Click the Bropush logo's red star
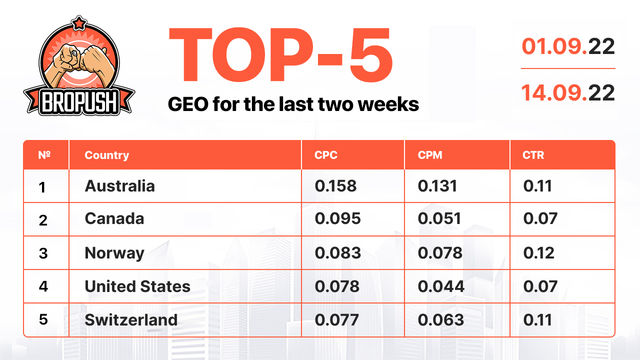pyautogui.click(x=78, y=23)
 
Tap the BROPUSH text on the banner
pyautogui.click(x=79, y=102)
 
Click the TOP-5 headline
pyautogui.click(x=281, y=55)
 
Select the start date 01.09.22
pyautogui.click(x=568, y=47)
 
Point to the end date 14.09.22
pyautogui.click(x=568, y=93)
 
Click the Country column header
pyautogui.click(x=107, y=155)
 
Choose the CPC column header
pyautogui.click(x=326, y=155)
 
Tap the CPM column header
pyautogui.click(x=430, y=155)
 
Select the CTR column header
pyautogui.click(x=533, y=155)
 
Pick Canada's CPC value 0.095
pyautogui.click(x=338, y=218)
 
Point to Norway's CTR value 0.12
pyautogui.click(x=538, y=253)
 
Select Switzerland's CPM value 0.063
pyautogui.click(x=441, y=320)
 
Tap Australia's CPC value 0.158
pyautogui.click(x=336, y=186)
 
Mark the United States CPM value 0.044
pyautogui.click(x=441, y=286)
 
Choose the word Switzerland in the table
pyautogui.click(x=131, y=320)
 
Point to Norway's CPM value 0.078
pyautogui.click(x=440, y=253)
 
